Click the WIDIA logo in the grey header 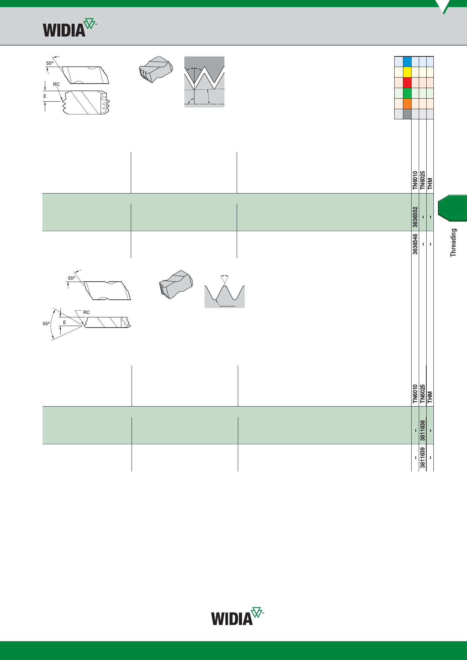70,27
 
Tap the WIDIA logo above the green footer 237,616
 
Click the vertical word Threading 453,243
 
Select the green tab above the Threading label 452,208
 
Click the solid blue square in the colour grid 407,62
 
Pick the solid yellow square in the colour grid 407,72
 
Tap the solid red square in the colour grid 407,83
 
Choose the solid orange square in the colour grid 407,104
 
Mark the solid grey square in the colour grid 407,114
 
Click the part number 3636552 415,217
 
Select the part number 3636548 415,244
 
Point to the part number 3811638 423,430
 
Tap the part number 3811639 423,457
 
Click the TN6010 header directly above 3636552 415,181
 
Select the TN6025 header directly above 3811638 423,394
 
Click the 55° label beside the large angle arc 46,324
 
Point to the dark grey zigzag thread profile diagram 204,82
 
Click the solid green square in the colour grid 407,93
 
